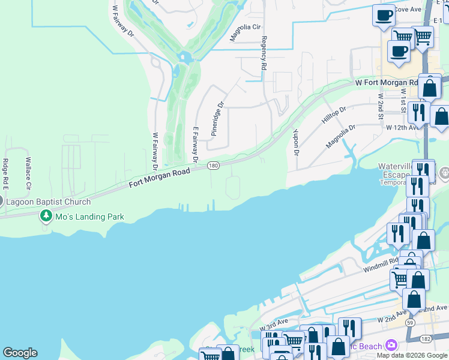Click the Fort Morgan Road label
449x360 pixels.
(x=160, y=178)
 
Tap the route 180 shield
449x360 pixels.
(x=212, y=165)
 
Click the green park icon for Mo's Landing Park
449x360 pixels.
(x=46, y=217)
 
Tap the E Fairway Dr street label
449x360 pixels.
(x=195, y=144)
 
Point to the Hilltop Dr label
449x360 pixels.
(x=334, y=115)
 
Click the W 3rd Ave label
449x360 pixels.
(x=275, y=325)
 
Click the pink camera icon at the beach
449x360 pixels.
(x=391, y=345)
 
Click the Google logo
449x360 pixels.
(x=20, y=353)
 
